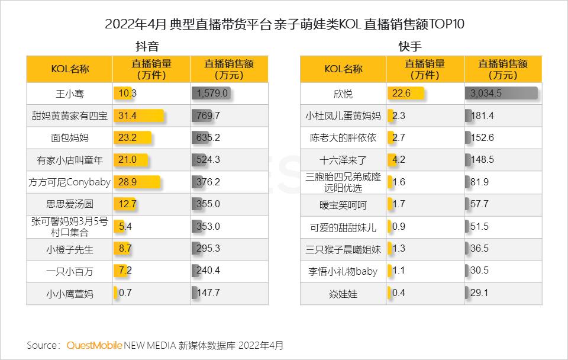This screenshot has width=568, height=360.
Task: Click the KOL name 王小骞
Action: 70,94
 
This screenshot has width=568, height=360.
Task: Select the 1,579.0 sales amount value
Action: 211,94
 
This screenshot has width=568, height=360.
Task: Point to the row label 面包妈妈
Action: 70,138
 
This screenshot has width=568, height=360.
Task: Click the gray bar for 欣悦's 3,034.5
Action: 501,94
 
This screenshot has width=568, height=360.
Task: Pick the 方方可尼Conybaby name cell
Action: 70,182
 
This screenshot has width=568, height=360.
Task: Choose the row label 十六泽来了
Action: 343,160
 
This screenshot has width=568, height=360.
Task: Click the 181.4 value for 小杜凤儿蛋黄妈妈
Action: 482,116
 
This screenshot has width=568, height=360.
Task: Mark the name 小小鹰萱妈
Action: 70,292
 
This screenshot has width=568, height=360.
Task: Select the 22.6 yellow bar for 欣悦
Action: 406,94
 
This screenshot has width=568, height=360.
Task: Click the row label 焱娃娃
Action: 343,292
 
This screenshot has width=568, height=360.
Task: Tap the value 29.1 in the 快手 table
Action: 480,292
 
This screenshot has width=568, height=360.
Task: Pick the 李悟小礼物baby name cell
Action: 343,271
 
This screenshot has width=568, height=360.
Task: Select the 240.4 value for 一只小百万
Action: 208,271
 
